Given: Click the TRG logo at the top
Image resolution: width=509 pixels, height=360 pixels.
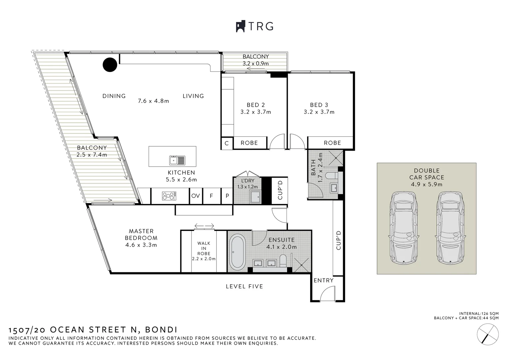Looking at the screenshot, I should tap(254, 26).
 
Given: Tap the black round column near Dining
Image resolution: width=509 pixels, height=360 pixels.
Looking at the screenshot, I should tap(110, 65).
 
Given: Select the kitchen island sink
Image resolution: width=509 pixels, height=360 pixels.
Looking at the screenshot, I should tap(177, 160).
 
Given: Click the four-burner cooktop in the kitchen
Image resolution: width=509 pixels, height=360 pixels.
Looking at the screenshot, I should tap(169, 196).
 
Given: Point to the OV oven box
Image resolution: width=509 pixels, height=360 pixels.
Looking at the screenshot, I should tap(196, 196).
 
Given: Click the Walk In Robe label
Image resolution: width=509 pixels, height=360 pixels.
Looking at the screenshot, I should tap(204, 248).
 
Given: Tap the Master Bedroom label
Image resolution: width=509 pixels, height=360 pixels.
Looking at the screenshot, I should tap(141, 234).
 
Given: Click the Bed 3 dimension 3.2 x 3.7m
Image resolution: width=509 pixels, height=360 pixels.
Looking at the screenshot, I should tap(319, 112).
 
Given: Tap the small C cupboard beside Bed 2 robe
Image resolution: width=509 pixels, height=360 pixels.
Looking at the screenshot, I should tap(227, 143).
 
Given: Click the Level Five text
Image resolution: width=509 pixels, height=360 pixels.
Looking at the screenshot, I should tap(244, 286).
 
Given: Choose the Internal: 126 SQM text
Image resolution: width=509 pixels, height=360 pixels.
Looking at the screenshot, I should tap(479, 313).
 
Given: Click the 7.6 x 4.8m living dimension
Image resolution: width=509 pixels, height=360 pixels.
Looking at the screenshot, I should tap(153, 101).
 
